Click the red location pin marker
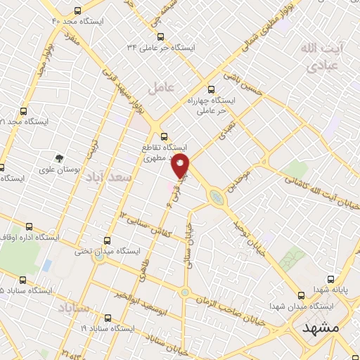(181, 166)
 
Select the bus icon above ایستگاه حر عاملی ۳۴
(160, 36)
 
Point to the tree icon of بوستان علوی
(60, 157)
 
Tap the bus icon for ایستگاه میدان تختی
(106, 240)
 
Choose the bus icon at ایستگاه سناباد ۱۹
(107, 317)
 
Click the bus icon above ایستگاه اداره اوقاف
(29, 226)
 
